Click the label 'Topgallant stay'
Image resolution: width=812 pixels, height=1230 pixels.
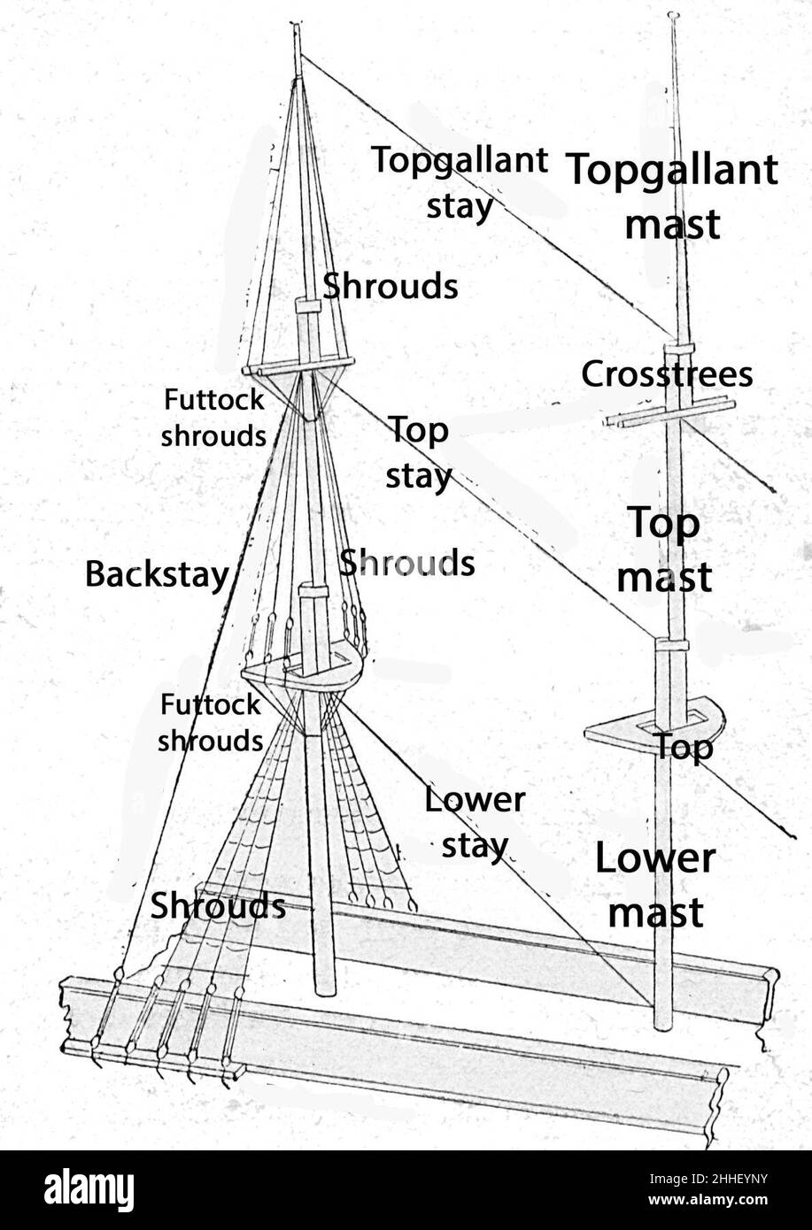pos(459,183)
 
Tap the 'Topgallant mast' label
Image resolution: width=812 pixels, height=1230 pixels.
pos(672,196)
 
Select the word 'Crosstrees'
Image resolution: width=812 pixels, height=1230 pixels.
pos(667,374)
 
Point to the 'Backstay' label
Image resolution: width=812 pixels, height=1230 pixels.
pos(157,574)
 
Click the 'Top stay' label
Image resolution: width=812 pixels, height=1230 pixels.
pos(419,453)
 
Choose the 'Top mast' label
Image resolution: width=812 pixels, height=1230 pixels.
pos(664,550)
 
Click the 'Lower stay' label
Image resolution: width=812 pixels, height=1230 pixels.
pos(475,822)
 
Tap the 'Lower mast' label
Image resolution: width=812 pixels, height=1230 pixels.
pos(655,885)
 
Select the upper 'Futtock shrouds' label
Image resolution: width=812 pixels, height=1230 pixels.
pos(213,418)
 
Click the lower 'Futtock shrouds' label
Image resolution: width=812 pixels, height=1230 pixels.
pos(211,722)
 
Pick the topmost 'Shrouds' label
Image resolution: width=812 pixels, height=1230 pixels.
pos(391,286)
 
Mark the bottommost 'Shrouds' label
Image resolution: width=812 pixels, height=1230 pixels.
pos(218,906)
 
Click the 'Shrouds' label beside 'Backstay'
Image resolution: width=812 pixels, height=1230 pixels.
pos(407,563)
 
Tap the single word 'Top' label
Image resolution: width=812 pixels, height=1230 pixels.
pos(684,748)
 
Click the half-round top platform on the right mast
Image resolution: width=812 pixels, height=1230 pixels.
pos(620,732)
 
